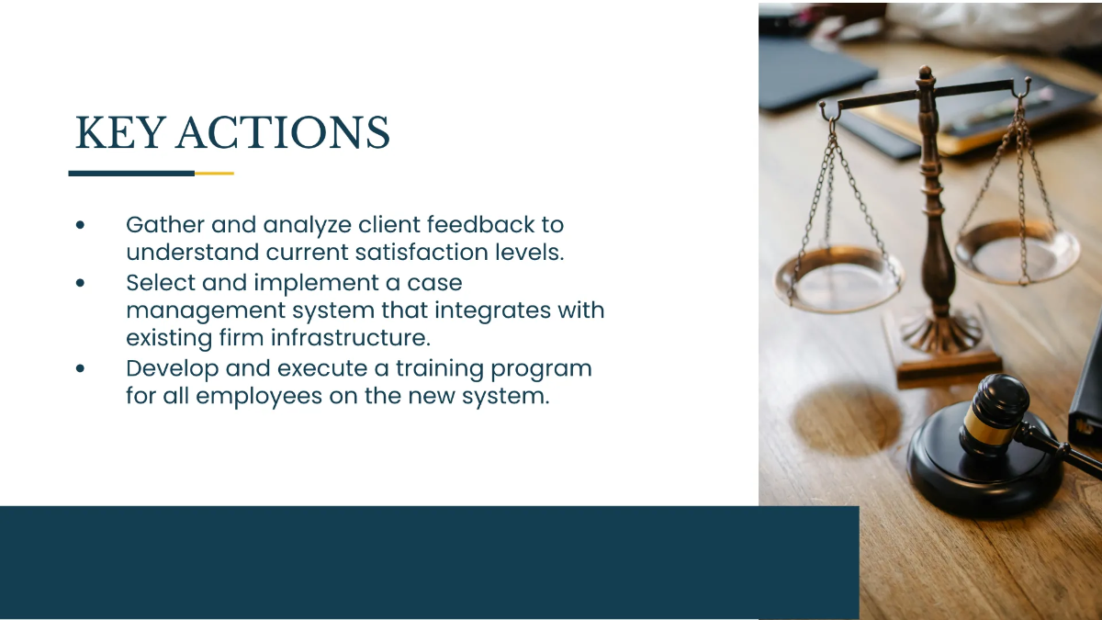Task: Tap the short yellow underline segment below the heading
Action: (214, 173)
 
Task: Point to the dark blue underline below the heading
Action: (131, 173)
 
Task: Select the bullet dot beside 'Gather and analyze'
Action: (82, 225)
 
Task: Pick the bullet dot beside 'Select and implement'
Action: (82, 283)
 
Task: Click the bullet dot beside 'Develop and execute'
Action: (82, 368)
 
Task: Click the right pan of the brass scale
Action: (1017, 251)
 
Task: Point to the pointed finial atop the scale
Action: (925, 73)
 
